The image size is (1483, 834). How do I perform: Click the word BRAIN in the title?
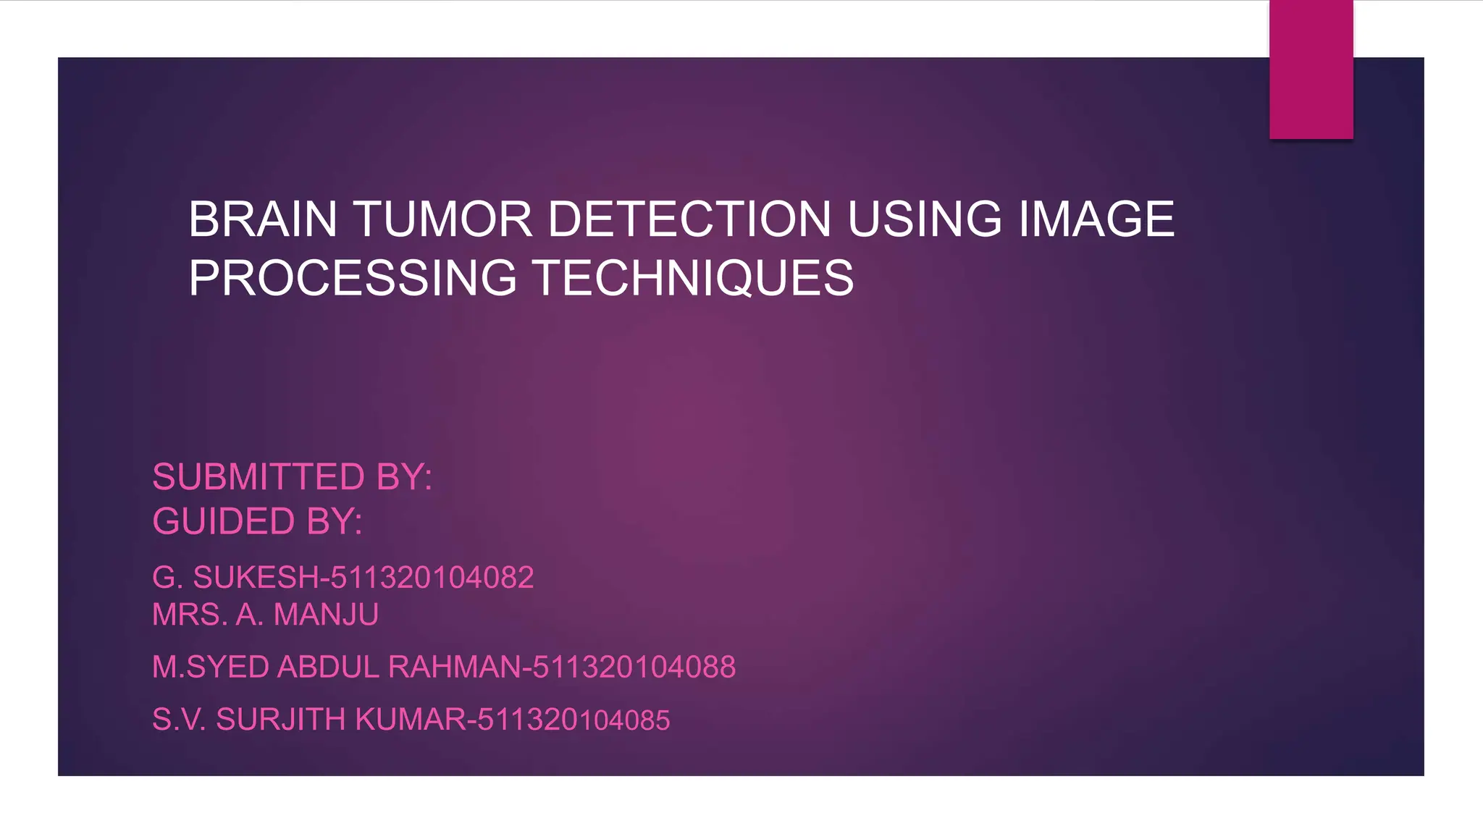(x=262, y=219)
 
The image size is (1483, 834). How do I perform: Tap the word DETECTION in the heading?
(x=689, y=219)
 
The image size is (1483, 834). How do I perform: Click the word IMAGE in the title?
(x=1096, y=219)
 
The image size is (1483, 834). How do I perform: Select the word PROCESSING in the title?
(x=353, y=279)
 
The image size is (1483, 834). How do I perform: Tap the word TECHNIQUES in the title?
(x=693, y=279)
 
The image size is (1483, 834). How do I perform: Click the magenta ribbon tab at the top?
(x=1311, y=69)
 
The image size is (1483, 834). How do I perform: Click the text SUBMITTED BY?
(x=292, y=477)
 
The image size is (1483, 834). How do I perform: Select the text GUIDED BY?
(x=257, y=521)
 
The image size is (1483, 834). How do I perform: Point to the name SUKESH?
(x=256, y=578)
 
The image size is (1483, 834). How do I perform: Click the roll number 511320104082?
(x=432, y=578)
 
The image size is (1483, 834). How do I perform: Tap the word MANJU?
(x=326, y=615)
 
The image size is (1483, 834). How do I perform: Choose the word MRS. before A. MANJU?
(x=190, y=615)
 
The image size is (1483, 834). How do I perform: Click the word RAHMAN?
(x=454, y=667)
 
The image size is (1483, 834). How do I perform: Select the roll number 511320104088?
(x=634, y=667)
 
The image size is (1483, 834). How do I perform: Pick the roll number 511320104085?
(x=574, y=720)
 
